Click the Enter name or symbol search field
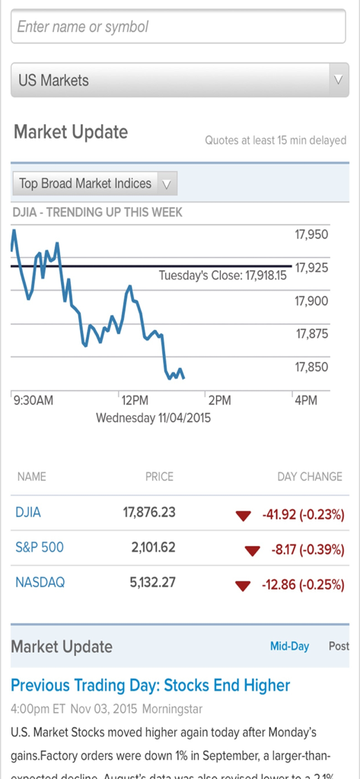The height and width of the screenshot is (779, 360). [x=180, y=27]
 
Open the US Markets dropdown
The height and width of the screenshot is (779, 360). [x=180, y=80]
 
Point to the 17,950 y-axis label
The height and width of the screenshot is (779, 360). [x=311, y=234]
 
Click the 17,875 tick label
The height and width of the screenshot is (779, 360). [x=311, y=334]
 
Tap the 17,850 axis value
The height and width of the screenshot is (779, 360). [x=311, y=367]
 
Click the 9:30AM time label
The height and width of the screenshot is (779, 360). [x=33, y=400]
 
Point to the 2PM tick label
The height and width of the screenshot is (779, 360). [x=219, y=400]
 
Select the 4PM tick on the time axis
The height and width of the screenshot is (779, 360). [x=305, y=400]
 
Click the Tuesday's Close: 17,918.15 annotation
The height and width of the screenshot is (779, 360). [x=222, y=275]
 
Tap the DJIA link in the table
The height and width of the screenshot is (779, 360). [x=28, y=513]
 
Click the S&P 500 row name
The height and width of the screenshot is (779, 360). [x=40, y=548]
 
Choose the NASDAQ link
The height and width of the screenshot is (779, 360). [x=40, y=583]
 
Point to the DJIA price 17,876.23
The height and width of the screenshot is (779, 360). [x=149, y=513]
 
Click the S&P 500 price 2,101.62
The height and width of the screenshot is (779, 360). [x=153, y=548]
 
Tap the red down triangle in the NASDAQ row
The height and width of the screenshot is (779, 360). [x=243, y=586]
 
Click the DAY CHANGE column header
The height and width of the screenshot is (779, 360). [x=309, y=477]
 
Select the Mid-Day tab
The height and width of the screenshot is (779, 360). [x=289, y=647]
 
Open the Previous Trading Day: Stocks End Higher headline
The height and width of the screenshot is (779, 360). [x=150, y=685]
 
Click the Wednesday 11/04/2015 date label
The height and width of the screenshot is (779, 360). [x=153, y=418]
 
